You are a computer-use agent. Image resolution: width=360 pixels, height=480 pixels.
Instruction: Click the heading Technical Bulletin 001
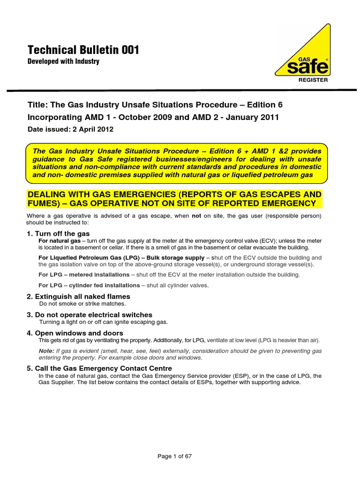(x=83, y=50)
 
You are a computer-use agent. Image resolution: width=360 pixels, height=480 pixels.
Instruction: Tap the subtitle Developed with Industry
(x=63, y=61)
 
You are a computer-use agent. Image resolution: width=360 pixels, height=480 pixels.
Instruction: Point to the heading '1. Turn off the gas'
(x=58, y=233)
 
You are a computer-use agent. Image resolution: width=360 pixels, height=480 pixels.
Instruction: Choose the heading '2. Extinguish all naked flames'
(x=78, y=296)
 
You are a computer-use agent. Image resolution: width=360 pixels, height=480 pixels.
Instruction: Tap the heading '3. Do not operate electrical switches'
(x=89, y=315)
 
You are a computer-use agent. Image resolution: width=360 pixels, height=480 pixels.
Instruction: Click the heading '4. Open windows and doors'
(x=75, y=333)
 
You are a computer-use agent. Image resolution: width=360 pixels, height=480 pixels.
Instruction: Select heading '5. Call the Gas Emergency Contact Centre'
(x=99, y=368)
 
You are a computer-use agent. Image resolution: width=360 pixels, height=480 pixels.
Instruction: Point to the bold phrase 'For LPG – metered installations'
(x=84, y=274)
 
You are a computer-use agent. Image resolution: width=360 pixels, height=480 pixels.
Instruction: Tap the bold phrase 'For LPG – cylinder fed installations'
(x=89, y=285)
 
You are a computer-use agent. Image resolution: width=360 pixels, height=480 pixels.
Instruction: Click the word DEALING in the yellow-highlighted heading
(x=48, y=195)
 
